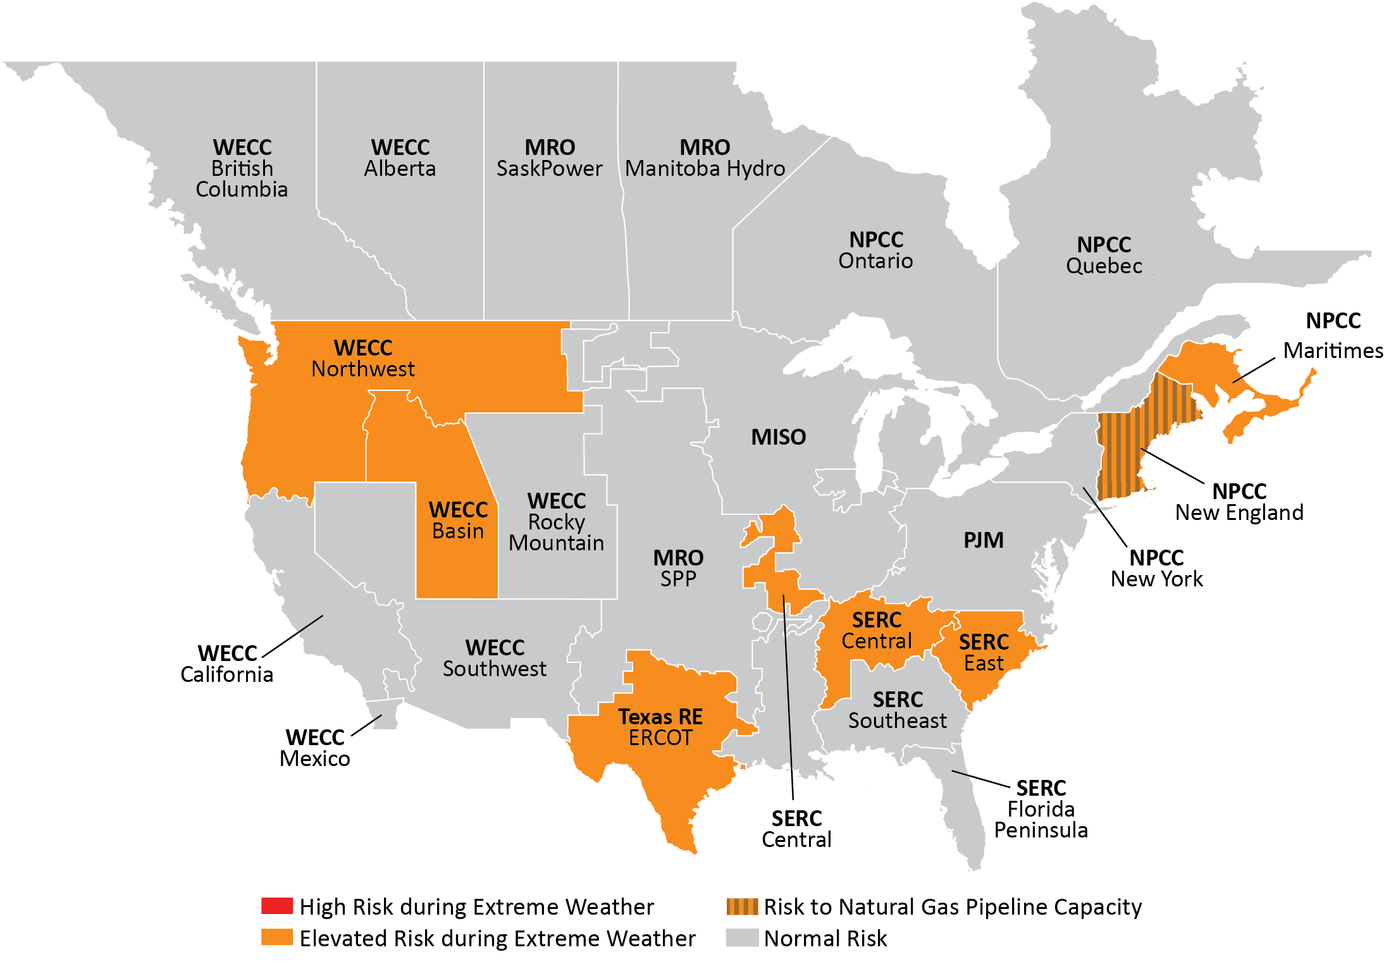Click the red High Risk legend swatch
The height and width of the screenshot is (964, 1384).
pyautogui.click(x=276, y=906)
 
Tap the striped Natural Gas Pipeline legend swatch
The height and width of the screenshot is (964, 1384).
pyautogui.click(x=742, y=906)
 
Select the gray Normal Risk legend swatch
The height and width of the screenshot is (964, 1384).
pyautogui.click(x=742, y=937)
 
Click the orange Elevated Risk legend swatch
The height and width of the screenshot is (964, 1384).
pyautogui.click(x=276, y=937)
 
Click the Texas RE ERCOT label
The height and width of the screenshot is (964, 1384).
pyautogui.click(x=660, y=727)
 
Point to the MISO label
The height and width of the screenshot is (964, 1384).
pyautogui.click(x=778, y=437)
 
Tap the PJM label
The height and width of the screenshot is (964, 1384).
pyautogui.click(x=983, y=540)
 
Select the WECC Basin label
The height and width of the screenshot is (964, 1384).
pyautogui.click(x=458, y=520)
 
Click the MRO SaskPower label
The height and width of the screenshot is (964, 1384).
pyautogui.click(x=549, y=158)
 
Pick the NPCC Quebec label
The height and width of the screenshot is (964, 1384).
pyautogui.click(x=1104, y=255)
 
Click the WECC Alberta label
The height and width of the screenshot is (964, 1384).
pyautogui.click(x=400, y=158)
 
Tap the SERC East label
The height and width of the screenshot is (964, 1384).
pyautogui.click(x=984, y=652)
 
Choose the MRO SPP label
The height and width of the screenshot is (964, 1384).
pyautogui.click(x=678, y=568)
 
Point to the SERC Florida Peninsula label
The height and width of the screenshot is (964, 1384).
pyautogui.click(x=1041, y=809)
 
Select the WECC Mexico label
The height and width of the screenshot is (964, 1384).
pyautogui.click(x=315, y=748)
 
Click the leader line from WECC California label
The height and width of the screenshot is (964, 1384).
pyautogui.click(x=292, y=636)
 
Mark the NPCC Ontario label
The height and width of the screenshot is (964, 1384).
pyautogui.click(x=875, y=250)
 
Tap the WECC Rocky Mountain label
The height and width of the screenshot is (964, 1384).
pyautogui.click(x=556, y=522)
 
